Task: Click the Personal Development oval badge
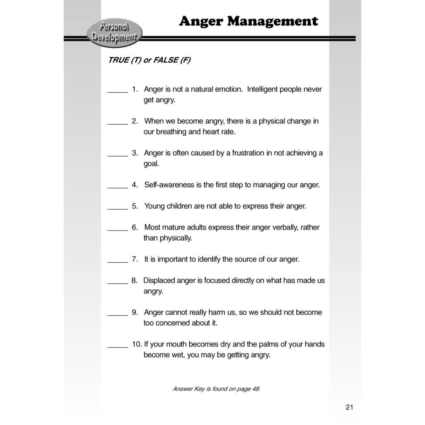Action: (x=114, y=32)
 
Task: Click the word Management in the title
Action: (x=272, y=21)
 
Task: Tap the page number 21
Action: (x=349, y=407)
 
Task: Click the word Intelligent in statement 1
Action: (x=262, y=89)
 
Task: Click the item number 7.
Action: (x=135, y=259)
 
